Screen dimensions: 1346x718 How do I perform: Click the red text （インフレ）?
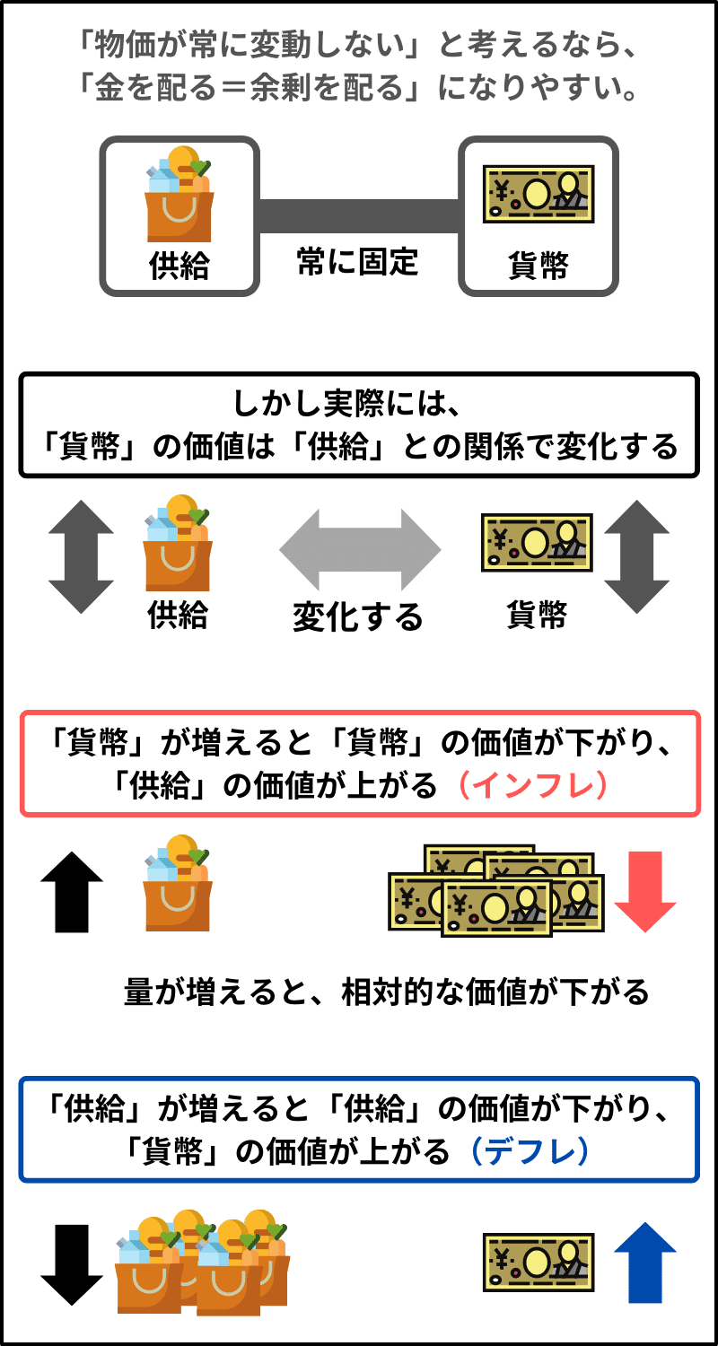[x=533, y=785]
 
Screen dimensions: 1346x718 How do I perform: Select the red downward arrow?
[x=644, y=891]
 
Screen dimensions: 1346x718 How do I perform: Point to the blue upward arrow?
[x=644, y=1263]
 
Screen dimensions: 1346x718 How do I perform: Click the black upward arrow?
[x=73, y=891]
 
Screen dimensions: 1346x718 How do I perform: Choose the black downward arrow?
[x=73, y=1264]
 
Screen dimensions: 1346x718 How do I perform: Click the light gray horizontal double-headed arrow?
[x=359, y=549]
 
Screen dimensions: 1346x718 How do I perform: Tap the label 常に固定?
[x=358, y=262]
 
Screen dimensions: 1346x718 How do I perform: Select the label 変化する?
[x=358, y=617]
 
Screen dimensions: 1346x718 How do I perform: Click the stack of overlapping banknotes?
[x=495, y=891]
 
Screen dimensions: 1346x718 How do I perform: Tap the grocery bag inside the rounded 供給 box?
[x=179, y=195]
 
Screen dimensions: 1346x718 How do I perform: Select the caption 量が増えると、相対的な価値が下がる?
[x=386, y=992]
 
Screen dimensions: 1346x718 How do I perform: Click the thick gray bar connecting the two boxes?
[x=359, y=215]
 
